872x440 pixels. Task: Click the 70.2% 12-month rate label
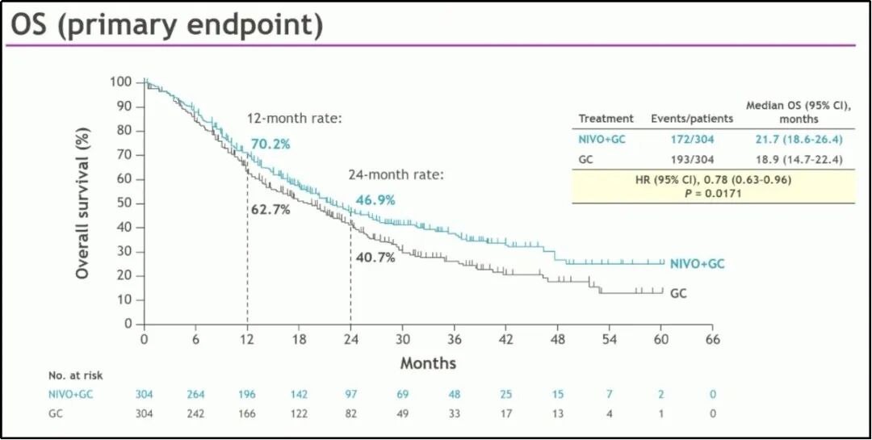pyautogui.click(x=270, y=145)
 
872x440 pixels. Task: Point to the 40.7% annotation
pyautogui.click(x=375, y=258)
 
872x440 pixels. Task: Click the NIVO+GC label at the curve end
pyautogui.click(x=698, y=263)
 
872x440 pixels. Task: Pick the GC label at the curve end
pyautogui.click(x=678, y=294)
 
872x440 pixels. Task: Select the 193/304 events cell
pyautogui.click(x=692, y=160)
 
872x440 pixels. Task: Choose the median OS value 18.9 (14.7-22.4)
pyautogui.click(x=795, y=160)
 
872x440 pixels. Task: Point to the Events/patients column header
pyautogui.click(x=692, y=119)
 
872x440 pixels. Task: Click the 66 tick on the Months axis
pyautogui.click(x=711, y=339)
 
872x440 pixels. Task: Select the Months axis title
pyautogui.click(x=428, y=363)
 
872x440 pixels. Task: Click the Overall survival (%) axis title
pyautogui.click(x=82, y=203)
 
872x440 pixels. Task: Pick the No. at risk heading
pyautogui.click(x=76, y=375)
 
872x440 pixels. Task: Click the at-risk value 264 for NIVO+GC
pyautogui.click(x=195, y=395)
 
